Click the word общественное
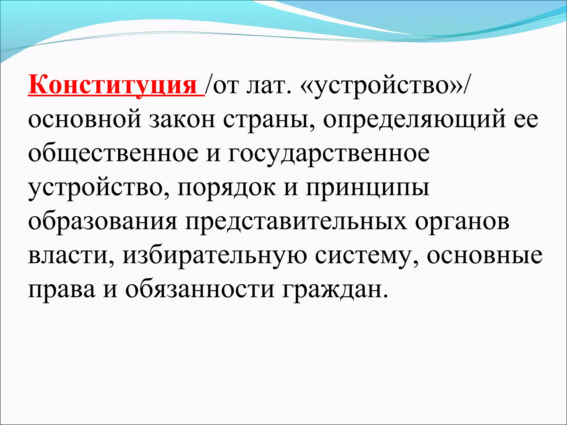pos(114,154)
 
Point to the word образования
pos(102,222)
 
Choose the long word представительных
pos(296,222)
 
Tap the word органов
pos(462,222)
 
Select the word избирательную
pos(215,256)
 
